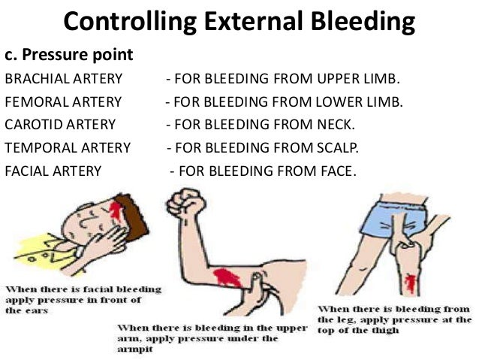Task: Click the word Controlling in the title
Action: click(x=121, y=22)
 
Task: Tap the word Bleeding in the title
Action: click(x=358, y=22)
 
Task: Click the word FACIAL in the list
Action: click(x=26, y=171)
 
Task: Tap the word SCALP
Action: click(x=336, y=147)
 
